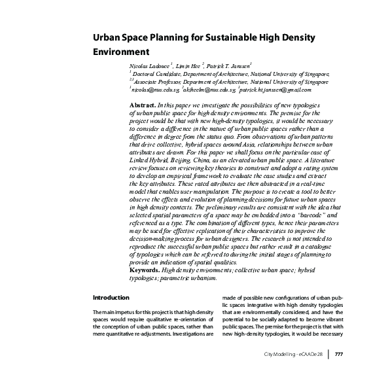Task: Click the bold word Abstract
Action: tap(143, 105)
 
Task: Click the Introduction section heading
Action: tap(111, 298)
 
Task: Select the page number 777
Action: tap(339, 355)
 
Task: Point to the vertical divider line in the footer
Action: tap(328, 355)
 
